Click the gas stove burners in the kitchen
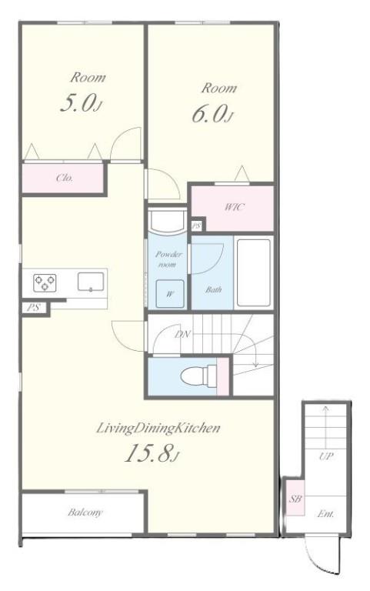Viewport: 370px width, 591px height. [x=45, y=282]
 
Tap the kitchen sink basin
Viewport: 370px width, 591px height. [x=91, y=282]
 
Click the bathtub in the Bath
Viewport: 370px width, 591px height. [x=254, y=272]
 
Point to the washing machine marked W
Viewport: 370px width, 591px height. [x=170, y=294]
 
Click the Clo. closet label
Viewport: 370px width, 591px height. [x=65, y=178]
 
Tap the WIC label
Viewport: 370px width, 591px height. [x=235, y=207]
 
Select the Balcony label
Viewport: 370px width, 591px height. [x=85, y=513]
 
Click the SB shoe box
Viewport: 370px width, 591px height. [x=295, y=498]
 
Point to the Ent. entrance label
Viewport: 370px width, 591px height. [x=325, y=513]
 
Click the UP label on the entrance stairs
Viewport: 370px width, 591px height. [x=326, y=456]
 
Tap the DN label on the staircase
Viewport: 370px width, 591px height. [x=183, y=334]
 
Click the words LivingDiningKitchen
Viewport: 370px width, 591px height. [x=158, y=428]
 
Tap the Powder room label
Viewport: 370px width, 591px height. [x=168, y=259]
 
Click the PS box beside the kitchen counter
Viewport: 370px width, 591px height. [x=35, y=308]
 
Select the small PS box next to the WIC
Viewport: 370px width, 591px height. [x=196, y=226]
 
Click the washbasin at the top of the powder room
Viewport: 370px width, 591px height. [x=167, y=220]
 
